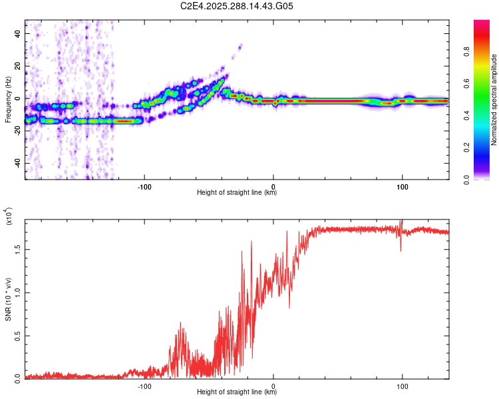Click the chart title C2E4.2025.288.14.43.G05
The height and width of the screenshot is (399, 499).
(237, 7)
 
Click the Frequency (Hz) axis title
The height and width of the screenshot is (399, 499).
(8, 100)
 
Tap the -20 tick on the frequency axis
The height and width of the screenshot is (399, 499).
(17, 131)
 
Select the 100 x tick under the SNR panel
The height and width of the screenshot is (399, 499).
(402, 385)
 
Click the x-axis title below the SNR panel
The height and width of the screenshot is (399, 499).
(237, 392)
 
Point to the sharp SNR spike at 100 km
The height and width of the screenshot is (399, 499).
(401, 223)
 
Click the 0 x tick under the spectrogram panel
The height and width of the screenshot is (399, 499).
(273, 186)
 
